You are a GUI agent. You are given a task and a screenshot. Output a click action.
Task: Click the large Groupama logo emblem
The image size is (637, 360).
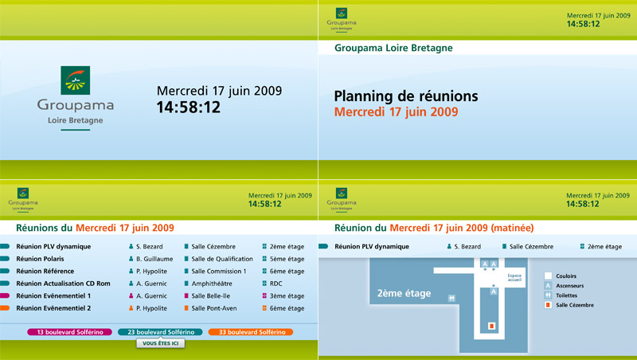pyautogui.click(x=75, y=80)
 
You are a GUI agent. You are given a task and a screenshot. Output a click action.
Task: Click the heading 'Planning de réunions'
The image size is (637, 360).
pyautogui.click(x=406, y=96)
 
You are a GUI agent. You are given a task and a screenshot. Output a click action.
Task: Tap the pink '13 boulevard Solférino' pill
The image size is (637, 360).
pyautogui.click(x=70, y=332)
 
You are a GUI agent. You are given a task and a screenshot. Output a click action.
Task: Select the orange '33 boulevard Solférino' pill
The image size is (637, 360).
pyautogui.click(x=252, y=332)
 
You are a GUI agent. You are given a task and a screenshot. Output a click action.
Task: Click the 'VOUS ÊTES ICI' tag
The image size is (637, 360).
pyautogui.click(x=161, y=343)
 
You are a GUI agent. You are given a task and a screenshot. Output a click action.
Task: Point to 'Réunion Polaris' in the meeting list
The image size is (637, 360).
pyautogui.click(x=40, y=259)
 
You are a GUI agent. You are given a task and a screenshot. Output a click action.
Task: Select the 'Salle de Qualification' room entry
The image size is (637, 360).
pyautogui.click(x=222, y=259)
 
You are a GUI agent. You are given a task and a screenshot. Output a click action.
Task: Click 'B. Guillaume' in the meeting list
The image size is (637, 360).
pyautogui.click(x=154, y=259)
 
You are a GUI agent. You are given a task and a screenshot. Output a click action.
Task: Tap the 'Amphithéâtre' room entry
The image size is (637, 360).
pyautogui.click(x=212, y=284)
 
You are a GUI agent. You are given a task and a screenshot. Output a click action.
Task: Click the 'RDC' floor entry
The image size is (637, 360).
pyautogui.click(x=276, y=284)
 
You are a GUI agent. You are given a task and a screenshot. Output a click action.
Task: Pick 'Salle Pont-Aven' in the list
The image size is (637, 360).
pyautogui.click(x=214, y=308)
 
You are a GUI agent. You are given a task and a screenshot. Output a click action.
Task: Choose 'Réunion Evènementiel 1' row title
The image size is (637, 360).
pyautogui.click(x=53, y=295)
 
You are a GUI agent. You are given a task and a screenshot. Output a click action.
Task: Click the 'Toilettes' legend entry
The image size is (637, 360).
pyautogui.click(x=566, y=295)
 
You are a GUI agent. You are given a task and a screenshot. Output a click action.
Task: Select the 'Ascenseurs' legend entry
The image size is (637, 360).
pyautogui.click(x=569, y=286)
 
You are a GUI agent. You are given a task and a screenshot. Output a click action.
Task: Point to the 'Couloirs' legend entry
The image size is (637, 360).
pyautogui.click(x=566, y=276)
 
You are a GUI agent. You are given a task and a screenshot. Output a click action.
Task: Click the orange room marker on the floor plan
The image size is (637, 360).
pyautogui.click(x=491, y=326)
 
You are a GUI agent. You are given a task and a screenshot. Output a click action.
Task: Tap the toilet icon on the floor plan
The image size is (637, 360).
pyautogui.click(x=451, y=298)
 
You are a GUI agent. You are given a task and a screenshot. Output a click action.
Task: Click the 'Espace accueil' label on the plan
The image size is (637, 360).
pyautogui.click(x=514, y=277)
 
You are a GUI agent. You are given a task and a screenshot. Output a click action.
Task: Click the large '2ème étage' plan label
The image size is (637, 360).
pyautogui.click(x=404, y=293)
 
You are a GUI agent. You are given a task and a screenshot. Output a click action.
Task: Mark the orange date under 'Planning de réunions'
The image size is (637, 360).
pyautogui.click(x=396, y=112)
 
